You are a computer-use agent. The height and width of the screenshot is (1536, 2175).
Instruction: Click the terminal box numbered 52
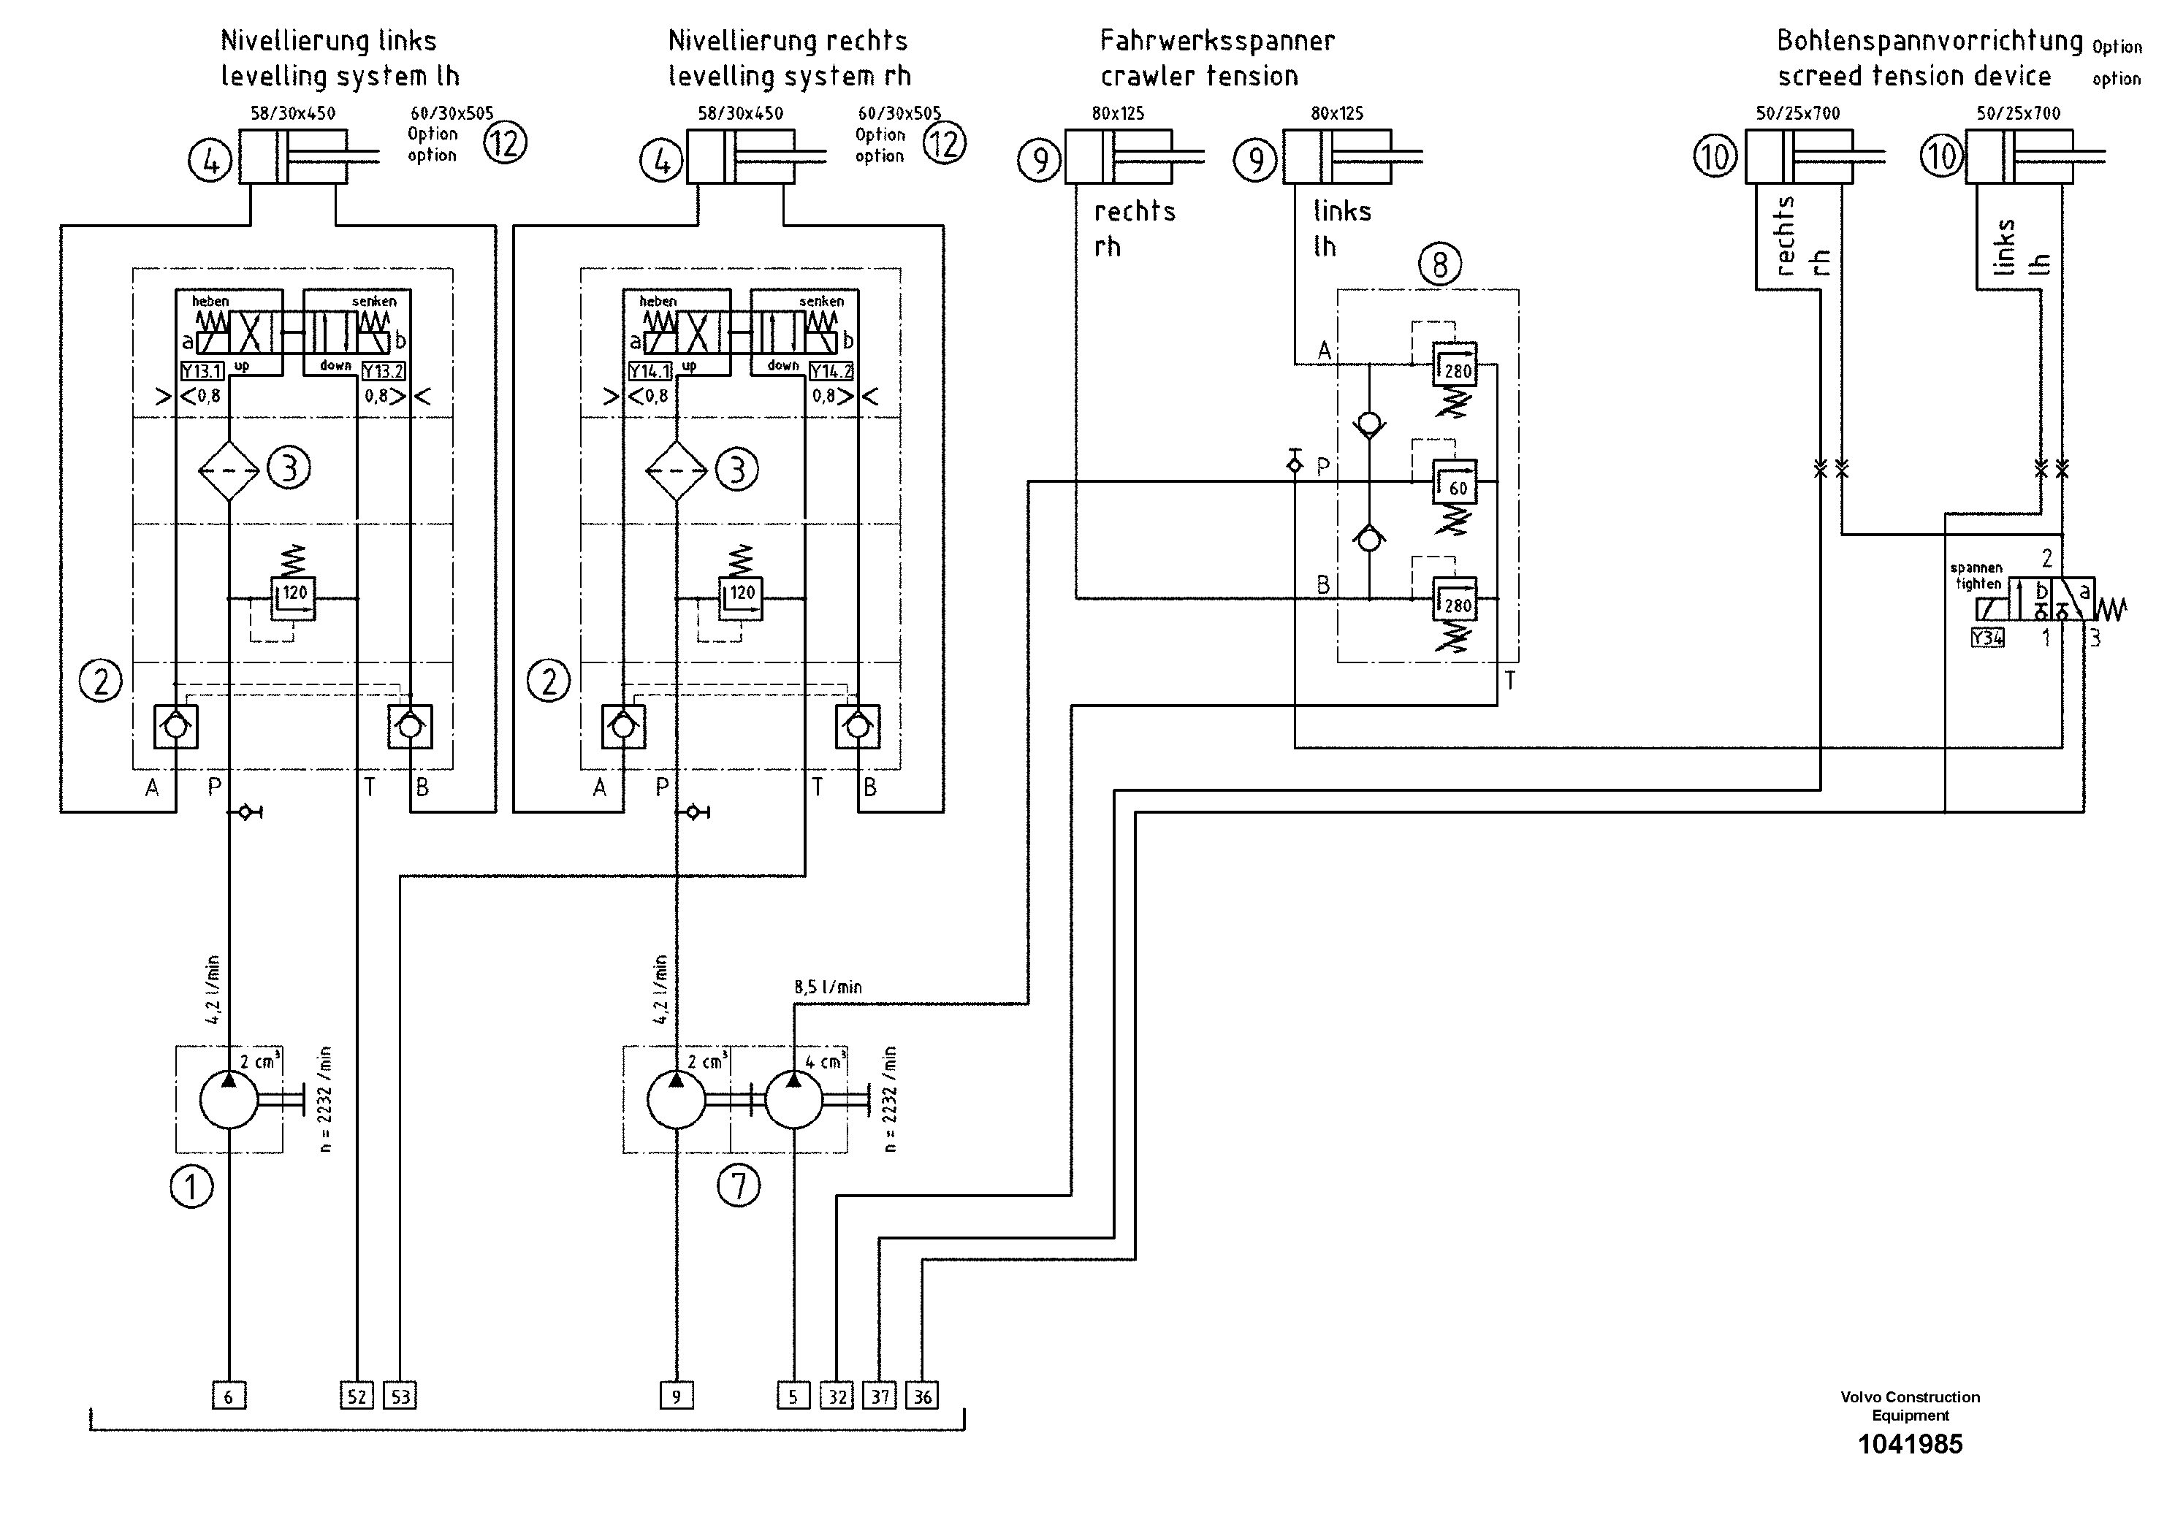tap(357, 1396)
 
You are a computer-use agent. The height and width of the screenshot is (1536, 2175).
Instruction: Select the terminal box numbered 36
tap(922, 1396)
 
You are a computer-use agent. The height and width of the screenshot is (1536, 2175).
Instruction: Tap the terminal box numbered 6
tap(228, 1396)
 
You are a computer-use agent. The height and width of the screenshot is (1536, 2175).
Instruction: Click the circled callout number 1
tap(191, 1187)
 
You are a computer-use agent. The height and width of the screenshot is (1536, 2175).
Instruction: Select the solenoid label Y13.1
tap(202, 371)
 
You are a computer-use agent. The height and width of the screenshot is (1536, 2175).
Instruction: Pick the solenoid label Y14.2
tap(831, 371)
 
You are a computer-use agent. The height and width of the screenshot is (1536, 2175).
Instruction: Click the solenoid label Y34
tap(1987, 638)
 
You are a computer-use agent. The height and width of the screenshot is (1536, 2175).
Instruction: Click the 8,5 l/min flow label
tap(828, 987)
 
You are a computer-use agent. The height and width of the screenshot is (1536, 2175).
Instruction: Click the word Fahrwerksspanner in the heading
tap(1216, 41)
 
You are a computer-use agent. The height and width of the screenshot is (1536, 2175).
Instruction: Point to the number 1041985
tap(1910, 1444)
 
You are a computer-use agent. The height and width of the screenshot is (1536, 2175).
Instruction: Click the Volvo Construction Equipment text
tap(1910, 1406)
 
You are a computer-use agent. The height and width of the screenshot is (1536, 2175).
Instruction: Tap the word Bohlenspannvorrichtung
tap(1929, 41)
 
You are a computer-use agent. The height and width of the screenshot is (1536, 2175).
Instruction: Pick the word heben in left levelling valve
tap(210, 301)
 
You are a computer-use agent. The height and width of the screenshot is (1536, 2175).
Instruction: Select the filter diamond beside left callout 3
tap(228, 470)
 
